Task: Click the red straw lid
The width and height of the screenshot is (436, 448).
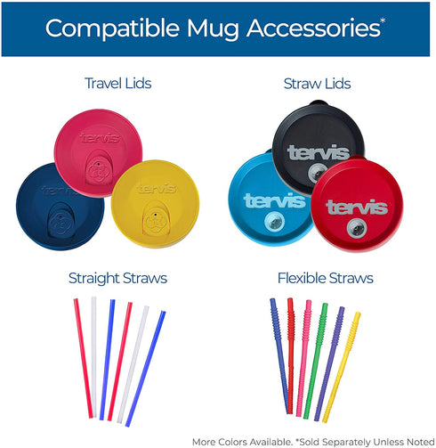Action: (x=357, y=214)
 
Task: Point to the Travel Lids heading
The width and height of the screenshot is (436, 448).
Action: (x=117, y=84)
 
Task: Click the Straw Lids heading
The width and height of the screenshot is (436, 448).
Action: (x=318, y=84)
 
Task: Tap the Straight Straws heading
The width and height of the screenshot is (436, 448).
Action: (x=117, y=279)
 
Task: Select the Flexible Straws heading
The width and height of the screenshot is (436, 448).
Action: (x=318, y=279)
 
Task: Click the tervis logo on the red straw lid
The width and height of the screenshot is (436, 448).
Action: (x=357, y=208)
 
